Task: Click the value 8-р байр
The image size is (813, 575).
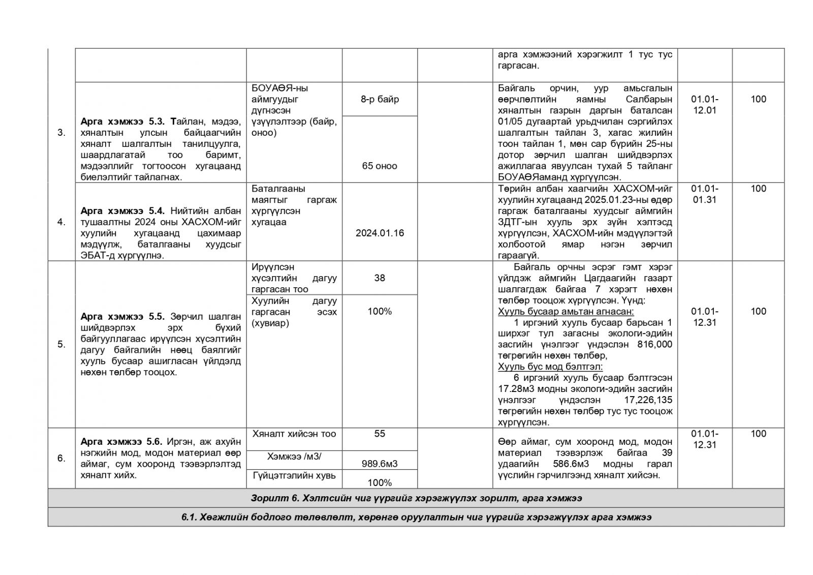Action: click(x=380, y=99)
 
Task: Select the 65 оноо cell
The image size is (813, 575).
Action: click(x=380, y=166)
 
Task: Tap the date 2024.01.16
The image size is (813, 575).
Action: click(x=380, y=233)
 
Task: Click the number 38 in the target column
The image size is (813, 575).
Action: click(x=380, y=278)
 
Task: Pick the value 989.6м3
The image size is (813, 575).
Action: click(x=380, y=464)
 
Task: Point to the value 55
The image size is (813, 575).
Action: click(x=380, y=434)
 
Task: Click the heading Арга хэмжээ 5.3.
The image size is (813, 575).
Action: click(x=123, y=122)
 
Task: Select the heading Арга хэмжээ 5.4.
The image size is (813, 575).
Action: click(x=123, y=210)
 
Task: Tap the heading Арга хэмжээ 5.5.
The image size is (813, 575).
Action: click(x=122, y=316)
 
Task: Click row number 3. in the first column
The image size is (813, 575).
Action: click(x=61, y=133)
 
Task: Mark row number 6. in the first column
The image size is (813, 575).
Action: click(x=61, y=458)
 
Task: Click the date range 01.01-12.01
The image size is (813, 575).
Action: click(x=705, y=105)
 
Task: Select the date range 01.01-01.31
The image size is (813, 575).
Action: click(x=705, y=194)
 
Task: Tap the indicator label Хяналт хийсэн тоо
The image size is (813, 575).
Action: click(x=294, y=434)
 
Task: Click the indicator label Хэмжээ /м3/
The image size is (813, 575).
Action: click(x=294, y=457)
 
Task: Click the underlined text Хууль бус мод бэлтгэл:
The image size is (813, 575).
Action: click(x=550, y=367)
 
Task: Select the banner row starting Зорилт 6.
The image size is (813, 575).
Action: click(x=416, y=498)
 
